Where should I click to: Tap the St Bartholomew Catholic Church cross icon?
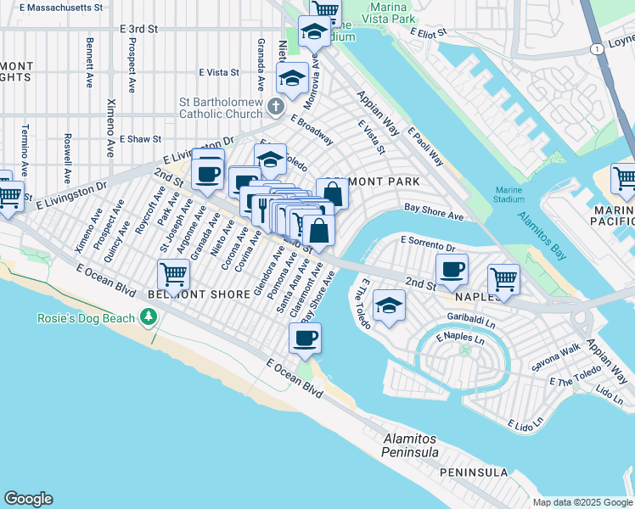pyautogui.click(x=274, y=106)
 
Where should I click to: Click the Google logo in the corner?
pyautogui.click(x=28, y=499)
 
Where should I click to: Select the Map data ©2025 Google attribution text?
pyautogui.click(x=582, y=502)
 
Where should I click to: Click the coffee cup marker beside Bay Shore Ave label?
pyautogui.click(x=305, y=338)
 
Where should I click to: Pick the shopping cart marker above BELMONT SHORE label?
pyautogui.click(x=173, y=274)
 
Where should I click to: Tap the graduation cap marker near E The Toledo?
pyautogui.click(x=389, y=305)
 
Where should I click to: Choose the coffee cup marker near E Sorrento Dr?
pyautogui.click(x=452, y=269)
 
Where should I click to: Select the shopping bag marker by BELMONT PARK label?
pyautogui.click(x=333, y=193)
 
